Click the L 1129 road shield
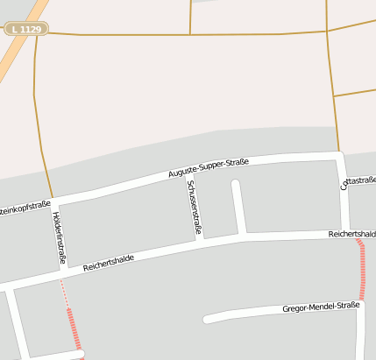tap(26, 29)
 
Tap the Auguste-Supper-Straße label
tap(209, 168)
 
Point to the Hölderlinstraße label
tap(59, 237)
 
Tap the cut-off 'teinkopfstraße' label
tap(25, 208)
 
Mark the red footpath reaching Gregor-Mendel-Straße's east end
tap(362, 272)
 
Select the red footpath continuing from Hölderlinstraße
tap(74, 328)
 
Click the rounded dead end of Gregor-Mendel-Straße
tap(208, 320)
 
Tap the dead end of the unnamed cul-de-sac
tap(235, 184)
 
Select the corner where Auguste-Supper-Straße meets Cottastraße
tap(341, 157)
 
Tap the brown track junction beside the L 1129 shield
tap(38, 33)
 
